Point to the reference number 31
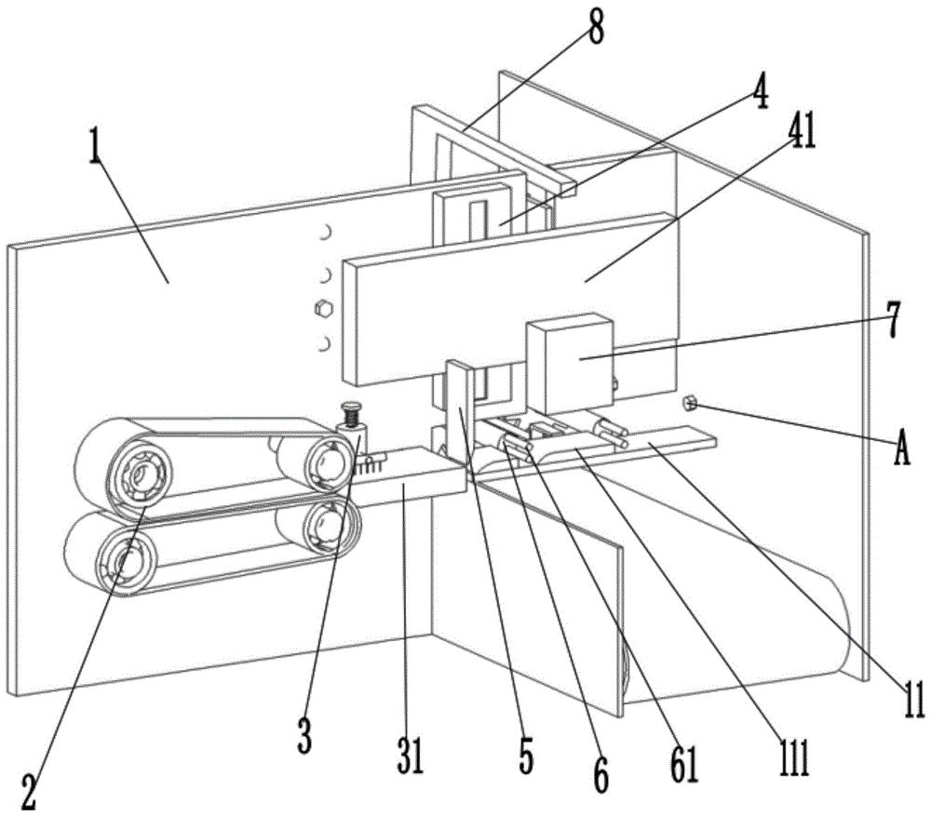(410, 756)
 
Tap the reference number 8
(594, 28)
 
